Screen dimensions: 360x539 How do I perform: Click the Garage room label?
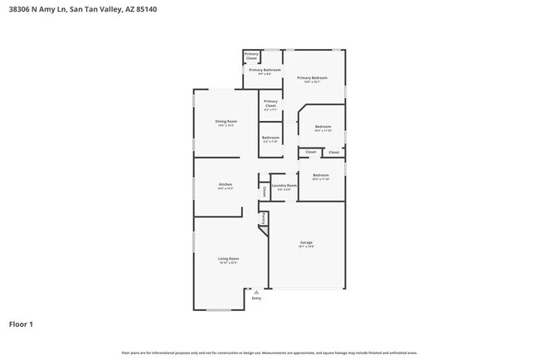tap(306, 242)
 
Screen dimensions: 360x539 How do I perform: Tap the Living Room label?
tap(228, 259)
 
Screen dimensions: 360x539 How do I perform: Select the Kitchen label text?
tap(226, 184)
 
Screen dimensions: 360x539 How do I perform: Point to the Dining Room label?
tap(226, 122)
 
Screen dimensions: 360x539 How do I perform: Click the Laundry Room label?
tap(284, 185)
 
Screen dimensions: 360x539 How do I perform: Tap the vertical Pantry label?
tap(264, 219)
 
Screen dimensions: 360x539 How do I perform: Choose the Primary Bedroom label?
tap(313, 77)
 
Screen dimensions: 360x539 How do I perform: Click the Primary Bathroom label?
tap(265, 70)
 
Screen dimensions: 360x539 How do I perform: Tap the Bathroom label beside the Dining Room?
tap(270, 138)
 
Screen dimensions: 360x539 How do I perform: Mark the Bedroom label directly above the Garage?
tap(321, 175)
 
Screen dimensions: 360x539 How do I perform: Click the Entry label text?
tap(256, 299)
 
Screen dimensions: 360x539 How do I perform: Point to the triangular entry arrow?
tap(256, 292)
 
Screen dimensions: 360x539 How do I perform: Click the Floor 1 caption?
tap(22, 324)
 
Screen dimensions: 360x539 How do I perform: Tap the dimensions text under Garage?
tap(306, 247)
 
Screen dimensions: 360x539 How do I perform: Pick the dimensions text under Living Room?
tap(228, 264)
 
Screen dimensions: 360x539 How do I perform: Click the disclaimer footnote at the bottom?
tap(269, 352)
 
